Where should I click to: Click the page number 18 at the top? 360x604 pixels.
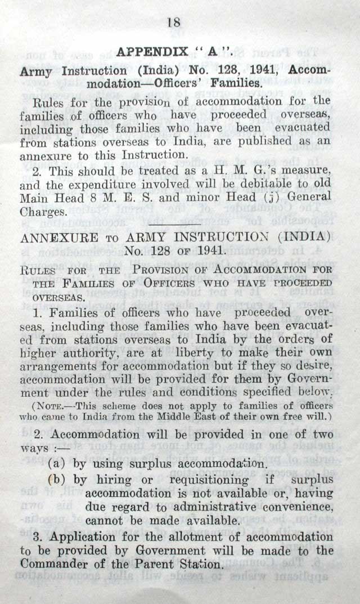[173, 23]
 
